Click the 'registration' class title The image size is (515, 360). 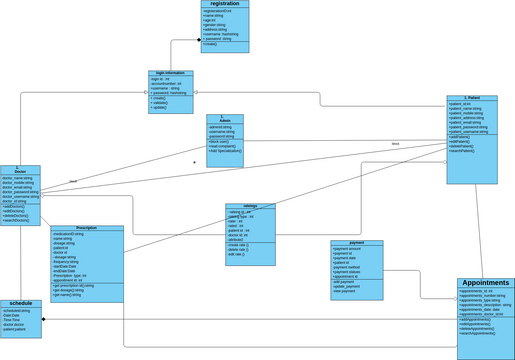(x=225, y=5)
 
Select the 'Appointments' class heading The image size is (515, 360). (x=485, y=284)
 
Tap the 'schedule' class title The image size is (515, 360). (x=21, y=303)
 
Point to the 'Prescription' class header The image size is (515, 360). (x=87, y=229)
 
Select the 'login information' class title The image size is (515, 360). (x=170, y=74)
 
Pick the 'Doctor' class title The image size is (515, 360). (x=20, y=171)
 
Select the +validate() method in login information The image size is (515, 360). (x=161, y=102)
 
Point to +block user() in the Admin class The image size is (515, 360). (x=220, y=142)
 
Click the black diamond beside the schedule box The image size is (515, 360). (x=44, y=319)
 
